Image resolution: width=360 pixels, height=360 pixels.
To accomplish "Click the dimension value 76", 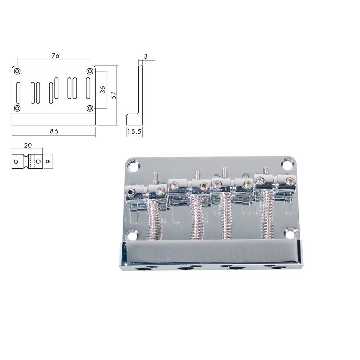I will [55, 55].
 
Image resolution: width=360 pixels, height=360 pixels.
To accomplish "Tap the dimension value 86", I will [54, 131].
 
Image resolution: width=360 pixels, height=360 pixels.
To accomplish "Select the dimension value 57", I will [113, 95].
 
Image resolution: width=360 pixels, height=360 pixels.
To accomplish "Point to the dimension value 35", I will [103, 90].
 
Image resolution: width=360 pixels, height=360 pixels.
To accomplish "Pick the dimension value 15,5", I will [135, 132].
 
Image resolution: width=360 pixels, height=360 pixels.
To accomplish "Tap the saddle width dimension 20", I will [28, 145].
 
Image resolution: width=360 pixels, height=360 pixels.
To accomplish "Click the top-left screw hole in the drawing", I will [17, 71].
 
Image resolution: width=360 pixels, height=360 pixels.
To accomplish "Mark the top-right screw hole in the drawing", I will [90, 71].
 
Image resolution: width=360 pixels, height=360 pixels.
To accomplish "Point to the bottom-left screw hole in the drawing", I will [17, 109].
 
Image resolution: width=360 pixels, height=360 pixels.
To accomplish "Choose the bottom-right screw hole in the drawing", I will [90, 109].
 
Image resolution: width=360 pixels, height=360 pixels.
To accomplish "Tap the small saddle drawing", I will [27, 162].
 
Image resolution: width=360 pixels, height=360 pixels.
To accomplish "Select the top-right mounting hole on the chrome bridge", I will [286, 164].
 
